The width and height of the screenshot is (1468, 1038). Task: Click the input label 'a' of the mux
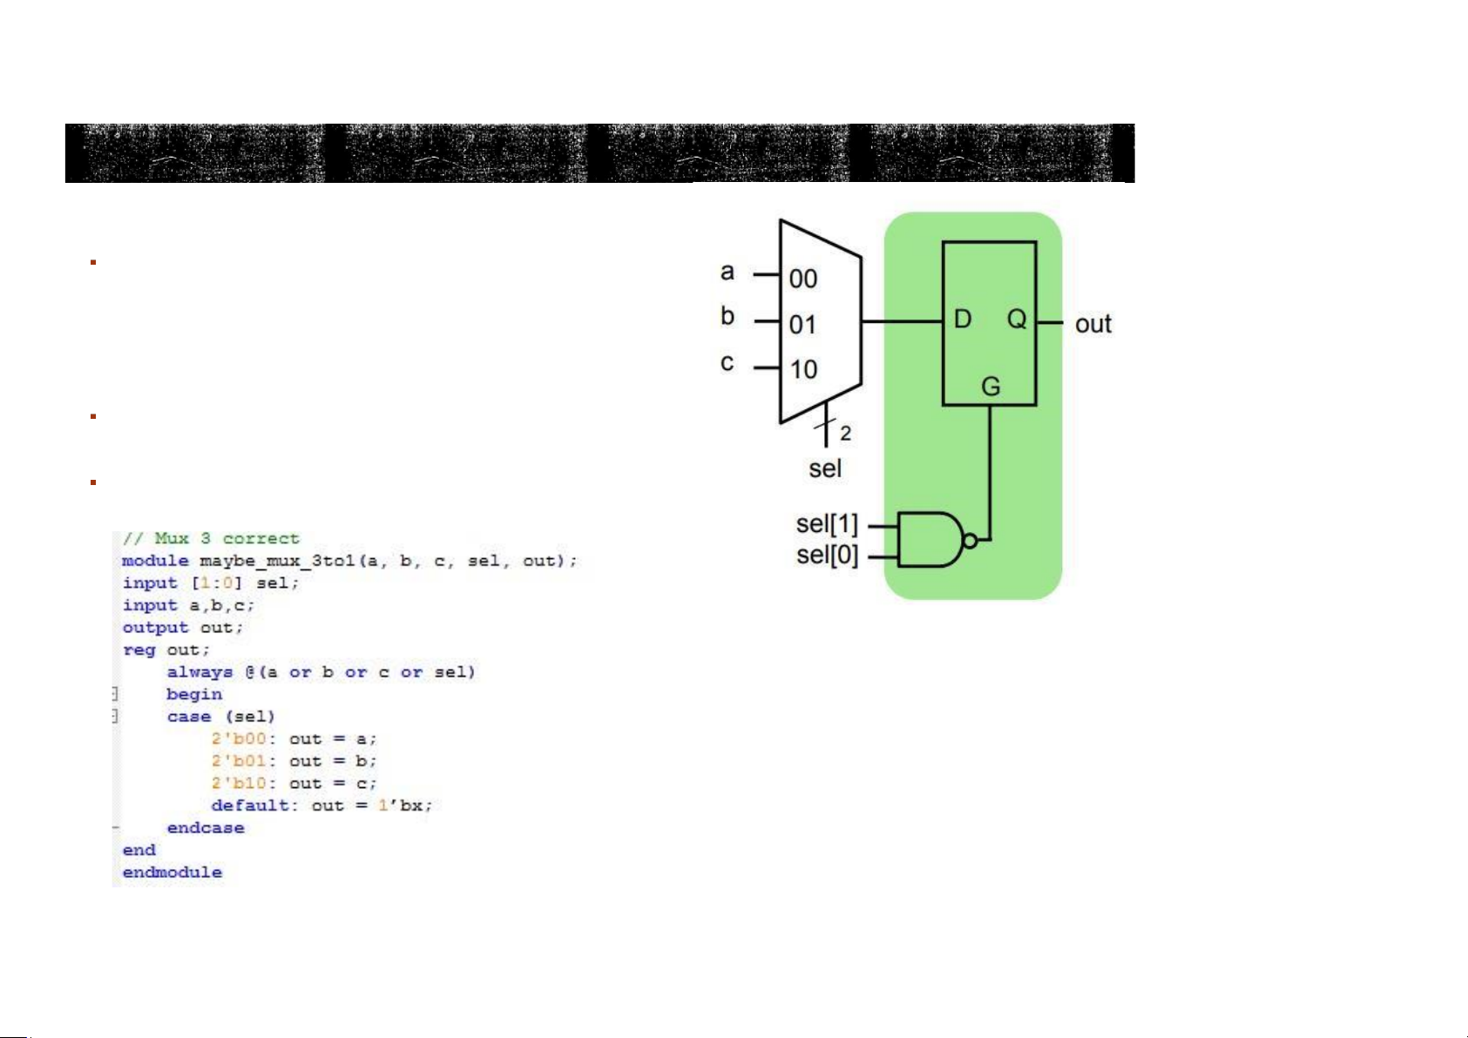727,273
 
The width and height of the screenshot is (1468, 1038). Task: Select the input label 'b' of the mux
727,316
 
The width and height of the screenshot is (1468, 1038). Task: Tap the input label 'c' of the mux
727,363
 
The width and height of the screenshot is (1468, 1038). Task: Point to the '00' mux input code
803,279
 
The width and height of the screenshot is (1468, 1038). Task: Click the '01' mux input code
803,325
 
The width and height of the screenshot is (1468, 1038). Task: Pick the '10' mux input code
803,369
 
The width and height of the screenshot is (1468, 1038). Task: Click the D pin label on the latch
963,319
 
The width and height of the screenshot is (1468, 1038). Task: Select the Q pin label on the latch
1017,319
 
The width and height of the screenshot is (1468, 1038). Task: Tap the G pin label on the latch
991,386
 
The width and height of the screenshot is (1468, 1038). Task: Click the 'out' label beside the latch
1093,324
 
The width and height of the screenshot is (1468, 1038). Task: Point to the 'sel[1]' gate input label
827,524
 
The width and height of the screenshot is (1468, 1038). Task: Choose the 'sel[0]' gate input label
827,555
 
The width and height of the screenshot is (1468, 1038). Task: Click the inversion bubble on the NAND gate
971,541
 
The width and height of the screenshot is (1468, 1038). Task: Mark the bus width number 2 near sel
845,433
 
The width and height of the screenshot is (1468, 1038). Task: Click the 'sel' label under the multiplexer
824,468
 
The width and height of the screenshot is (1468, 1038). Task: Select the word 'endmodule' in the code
172,872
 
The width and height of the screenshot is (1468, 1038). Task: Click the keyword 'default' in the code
249,805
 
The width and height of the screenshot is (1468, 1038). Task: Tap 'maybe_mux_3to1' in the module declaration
276,561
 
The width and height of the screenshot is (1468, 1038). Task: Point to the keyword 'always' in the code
200,672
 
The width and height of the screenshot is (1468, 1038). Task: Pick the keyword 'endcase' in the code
206,827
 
